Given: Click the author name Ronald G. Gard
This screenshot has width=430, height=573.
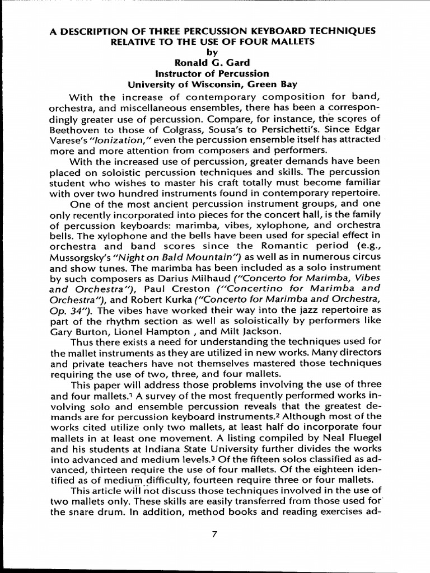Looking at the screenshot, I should [x=212, y=63].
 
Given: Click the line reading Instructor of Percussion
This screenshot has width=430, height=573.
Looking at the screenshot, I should [x=212, y=73].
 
